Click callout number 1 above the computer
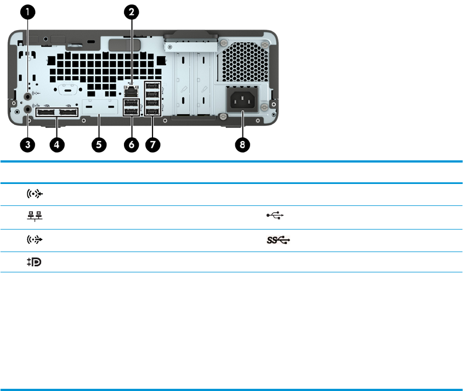28,12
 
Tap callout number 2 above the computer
132,12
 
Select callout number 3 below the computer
28,144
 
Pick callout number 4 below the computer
57,144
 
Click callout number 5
99,144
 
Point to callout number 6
132,144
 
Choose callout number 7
153,144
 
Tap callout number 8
242,144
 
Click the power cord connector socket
242,99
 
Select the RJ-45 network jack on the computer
131,92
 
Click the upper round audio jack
28,96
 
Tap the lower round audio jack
28,109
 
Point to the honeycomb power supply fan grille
245,62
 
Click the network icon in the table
35,216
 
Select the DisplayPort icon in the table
34,262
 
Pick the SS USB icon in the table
278,239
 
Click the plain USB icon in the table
275,215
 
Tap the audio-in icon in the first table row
35,194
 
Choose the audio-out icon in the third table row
35,239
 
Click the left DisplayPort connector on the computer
46,113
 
